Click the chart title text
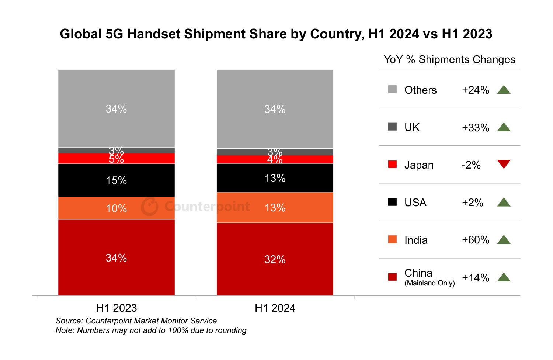tap(276, 34)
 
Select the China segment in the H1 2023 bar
tap(116, 273)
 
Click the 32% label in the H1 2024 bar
tap(275, 259)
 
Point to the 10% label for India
tap(116, 208)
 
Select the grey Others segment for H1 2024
tap(275, 92)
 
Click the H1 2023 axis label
tap(116, 308)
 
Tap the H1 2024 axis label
tap(275, 308)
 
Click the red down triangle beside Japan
tap(504, 164)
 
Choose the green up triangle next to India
tap(504, 240)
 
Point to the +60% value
tap(476, 240)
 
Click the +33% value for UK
tap(476, 128)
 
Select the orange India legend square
tap(392, 239)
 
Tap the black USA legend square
tap(392, 202)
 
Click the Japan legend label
tap(419, 165)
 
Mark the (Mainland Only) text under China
tap(429, 283)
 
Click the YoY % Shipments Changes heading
tap(449, 60)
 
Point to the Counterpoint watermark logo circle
tap(150, 207)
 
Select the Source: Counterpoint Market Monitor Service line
tap(136, 321)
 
